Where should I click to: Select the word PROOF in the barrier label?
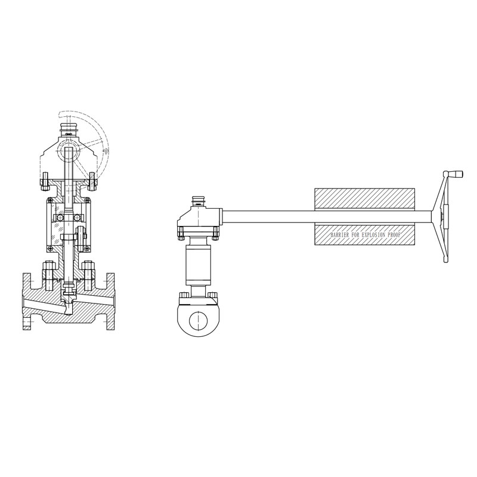pos(395,235)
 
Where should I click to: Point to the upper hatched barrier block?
pos(364,199)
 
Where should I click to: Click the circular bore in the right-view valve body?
pos(199,321)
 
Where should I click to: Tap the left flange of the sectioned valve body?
pos(27,301)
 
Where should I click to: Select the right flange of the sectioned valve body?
pos(110,301)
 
